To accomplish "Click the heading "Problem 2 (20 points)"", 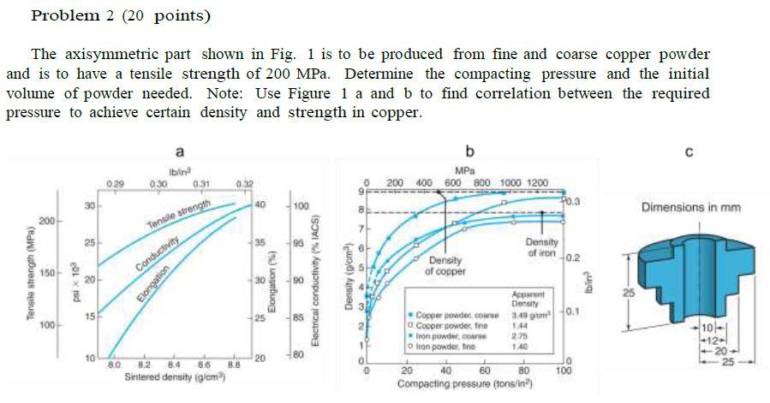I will (x=120, y=16).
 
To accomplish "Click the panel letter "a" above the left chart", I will (x=179, y=151).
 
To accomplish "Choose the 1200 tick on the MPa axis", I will (x=536, y=183).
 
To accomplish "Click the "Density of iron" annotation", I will (x=543, y=247).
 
